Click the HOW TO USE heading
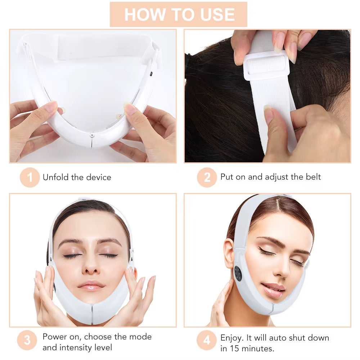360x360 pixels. coord(179,14)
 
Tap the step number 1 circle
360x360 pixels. coord(30,177)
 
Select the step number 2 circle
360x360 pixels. coord(207,177)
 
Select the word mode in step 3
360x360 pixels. coord(140,337)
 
